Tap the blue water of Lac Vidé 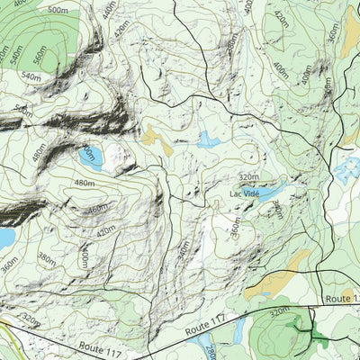coord(270,191)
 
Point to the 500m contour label coord(58,9)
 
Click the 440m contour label coord(110,12)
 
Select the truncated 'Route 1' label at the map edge coord(343,297)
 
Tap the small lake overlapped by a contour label coord(91,157)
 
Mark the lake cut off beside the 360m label coord(4,238)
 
